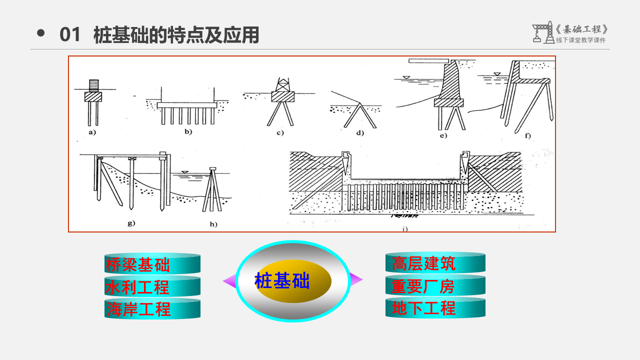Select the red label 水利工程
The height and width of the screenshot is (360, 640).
pos(137,287)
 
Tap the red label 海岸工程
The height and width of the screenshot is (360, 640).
pos(138,309)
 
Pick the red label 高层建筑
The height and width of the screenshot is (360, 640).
pos(423,263)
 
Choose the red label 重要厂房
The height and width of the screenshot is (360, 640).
pos(423,286)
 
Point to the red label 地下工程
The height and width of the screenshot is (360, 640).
pos(423,308)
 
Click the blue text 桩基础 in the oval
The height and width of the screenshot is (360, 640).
pos(282,281)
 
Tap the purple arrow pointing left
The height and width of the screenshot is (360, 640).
pos(229,281)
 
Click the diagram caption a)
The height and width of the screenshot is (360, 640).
pos(92,132)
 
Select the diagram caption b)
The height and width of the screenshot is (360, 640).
pos(188,132)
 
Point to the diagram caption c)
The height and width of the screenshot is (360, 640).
pos(279,132)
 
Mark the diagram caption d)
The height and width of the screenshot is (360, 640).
pos(360,132)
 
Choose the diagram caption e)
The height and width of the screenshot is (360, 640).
pos(443,135)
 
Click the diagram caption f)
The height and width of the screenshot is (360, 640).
pos(526,135)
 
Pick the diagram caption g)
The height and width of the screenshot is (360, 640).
pos(131,223)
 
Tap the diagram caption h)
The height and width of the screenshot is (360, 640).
pos(213,224)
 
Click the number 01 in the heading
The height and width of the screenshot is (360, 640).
pos(70,35)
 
